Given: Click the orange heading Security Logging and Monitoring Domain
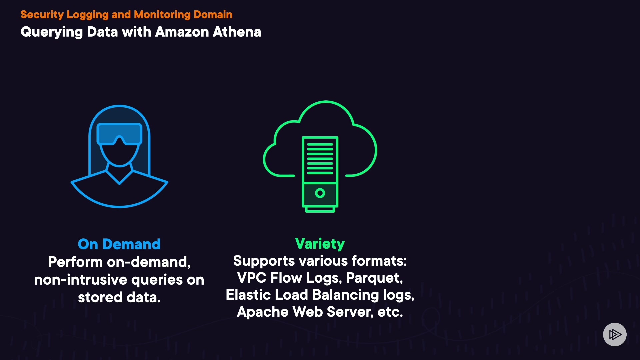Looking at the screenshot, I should tap(126, 15).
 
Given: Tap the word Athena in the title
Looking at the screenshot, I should tap(237, 32).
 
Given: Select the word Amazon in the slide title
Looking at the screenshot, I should tap(182, 32).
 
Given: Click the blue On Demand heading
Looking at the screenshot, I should tap(119, 244).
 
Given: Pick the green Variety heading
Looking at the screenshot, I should tap(320, 244).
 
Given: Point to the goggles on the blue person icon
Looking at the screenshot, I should tap(119, 134).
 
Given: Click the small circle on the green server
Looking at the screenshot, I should tap(320, 193).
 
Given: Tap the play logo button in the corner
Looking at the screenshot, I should tap(615, 334).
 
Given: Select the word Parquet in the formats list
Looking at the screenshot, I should tap(374, 278).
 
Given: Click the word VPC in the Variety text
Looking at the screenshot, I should tap(251, 278).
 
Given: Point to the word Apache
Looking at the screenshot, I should tap(263, 312).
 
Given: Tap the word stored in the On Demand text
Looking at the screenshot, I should tap(100, 297).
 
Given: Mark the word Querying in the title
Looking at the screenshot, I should tap(52, 32).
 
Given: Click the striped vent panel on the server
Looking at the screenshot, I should tap(320, 159).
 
